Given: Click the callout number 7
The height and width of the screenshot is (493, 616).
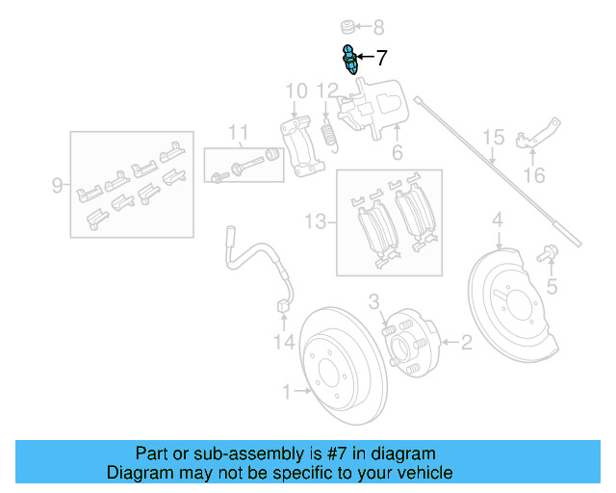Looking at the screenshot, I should (x=381, y=58).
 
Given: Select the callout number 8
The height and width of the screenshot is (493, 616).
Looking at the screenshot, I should (x=377, y=27).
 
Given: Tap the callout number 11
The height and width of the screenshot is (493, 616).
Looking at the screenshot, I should (x=238, y=132).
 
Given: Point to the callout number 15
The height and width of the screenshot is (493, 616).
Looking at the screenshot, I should (x=493, y=137).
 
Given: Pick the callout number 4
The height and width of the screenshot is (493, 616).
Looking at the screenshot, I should (x=498, y=223).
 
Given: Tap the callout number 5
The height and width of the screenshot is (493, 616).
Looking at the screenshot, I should (x=551, y=286).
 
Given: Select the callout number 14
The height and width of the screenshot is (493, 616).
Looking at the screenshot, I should (x=283, y=341).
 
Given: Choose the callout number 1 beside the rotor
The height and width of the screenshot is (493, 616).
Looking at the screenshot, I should (x=286, y=391).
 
